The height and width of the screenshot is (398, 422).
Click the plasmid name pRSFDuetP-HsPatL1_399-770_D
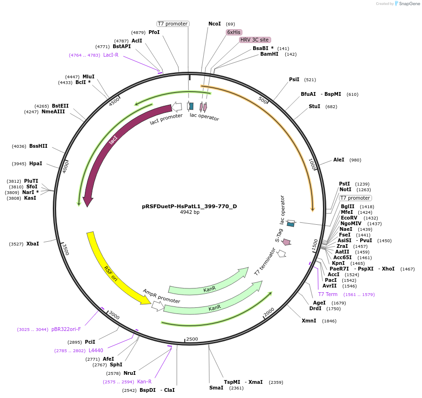click(190, 206)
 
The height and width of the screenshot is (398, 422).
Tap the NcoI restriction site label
click(215, 24)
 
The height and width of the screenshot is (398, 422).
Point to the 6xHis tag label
click(234, 32)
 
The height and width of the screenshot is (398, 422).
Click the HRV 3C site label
click(254, 40)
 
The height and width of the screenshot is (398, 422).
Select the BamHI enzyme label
click(269, 54)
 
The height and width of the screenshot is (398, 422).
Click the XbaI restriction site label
click(33, 244)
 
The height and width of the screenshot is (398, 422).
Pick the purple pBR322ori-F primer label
click(66, 329)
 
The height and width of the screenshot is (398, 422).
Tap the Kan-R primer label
click(144, 381)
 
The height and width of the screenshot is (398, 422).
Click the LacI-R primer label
click(111, 55)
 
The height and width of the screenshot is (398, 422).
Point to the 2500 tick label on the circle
click(192, 339)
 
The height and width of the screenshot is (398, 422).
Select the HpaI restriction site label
click(36, 163)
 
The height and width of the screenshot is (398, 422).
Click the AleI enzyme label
click(339, 160)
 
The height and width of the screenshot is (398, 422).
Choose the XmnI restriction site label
click(309, 321)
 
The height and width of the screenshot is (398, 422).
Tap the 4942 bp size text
click(190, 212)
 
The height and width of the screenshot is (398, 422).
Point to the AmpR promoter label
click(161, 296)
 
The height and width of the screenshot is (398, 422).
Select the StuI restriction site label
click(314, 106)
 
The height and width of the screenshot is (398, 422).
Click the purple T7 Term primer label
click(328, 294)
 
